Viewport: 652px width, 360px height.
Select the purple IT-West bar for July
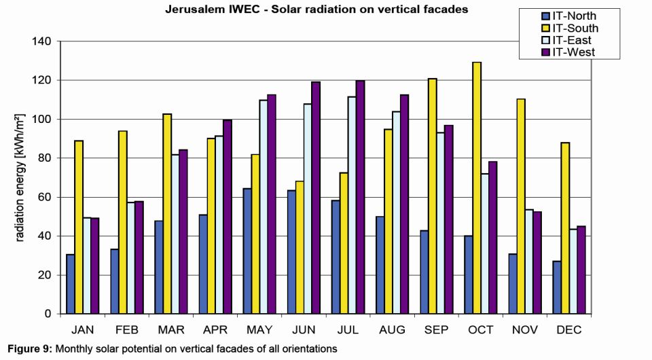(359, 198)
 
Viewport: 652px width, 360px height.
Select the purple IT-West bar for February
(139, 257)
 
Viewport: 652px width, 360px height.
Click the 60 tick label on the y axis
(46, 197)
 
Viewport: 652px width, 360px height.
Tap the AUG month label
(392, 330)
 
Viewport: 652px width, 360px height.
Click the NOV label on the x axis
(525, 330)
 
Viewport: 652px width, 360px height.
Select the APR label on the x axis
(215, 330)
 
